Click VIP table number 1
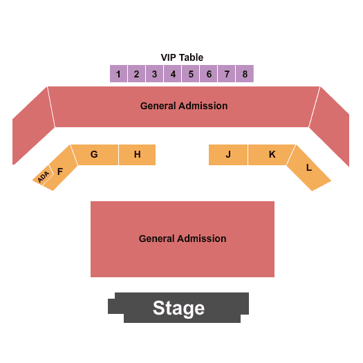tap(118, 73)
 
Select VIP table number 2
tap(137, 73)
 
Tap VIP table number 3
tap(154, 73)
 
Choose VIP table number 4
tap(172, 73)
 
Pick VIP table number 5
tap(191, 73)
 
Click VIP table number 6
tap(209, 73)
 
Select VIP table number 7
tap(226, 73)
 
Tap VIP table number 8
tap(245, 73)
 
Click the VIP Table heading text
tap(182, 57)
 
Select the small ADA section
tap(43, 176)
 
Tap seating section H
tap(138, 155)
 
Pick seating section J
tap(228, 155)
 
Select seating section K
tap(270, 155)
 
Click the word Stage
tap(178, 308)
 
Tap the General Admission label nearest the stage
tap(183, 239)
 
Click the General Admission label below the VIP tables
tap(184, 106)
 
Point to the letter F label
tap(60, 171)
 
